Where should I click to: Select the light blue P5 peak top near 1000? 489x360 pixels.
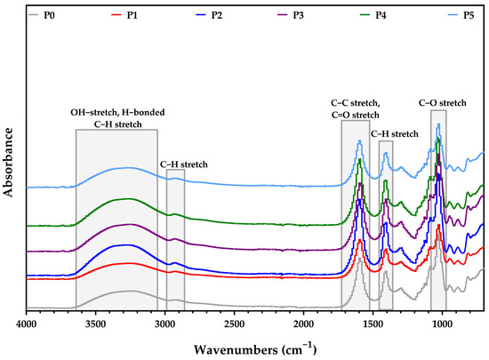click(x=439, y=125)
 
